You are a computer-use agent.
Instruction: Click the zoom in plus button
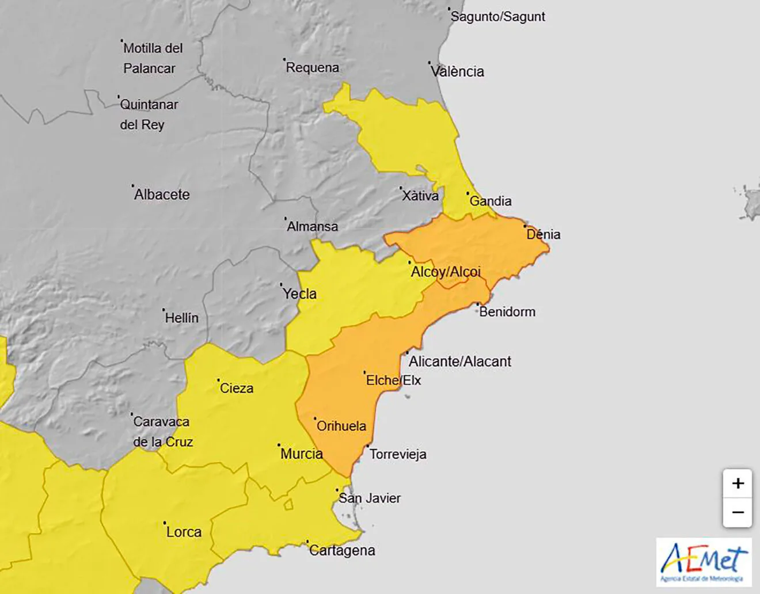[x=738, y=483]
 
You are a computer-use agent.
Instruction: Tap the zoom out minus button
[x=738, y=512]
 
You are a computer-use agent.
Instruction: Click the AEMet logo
[x=704, y=562]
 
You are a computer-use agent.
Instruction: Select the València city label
[x=457, y=71]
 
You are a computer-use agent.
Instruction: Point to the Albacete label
[x=162, y=195]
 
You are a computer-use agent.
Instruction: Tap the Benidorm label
[x=507, y=312]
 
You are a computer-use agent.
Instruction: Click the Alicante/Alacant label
[x=459, y=361]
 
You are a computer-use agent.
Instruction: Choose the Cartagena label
[x=342, y=550]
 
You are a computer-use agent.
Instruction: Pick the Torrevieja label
[x=398, y=454]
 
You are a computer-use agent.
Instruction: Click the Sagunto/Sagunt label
[x=497, y=17]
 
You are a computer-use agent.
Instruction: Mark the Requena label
[x=313, y=67]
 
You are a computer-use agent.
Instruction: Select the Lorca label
[x=184, y=532]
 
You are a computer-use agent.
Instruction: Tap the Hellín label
[x=181, y=318]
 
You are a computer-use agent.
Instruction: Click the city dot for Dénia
[x=525, y=227]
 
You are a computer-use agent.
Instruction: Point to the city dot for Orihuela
[x=316, y=419]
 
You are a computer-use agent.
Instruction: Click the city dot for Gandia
[x=468, y=193]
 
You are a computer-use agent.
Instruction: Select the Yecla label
[x=299, y=294]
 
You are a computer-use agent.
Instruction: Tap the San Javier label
[x=369, y=498]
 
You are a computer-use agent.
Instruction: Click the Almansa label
[x=312, y=226]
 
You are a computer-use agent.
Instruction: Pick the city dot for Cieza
[x=218, y=380]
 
